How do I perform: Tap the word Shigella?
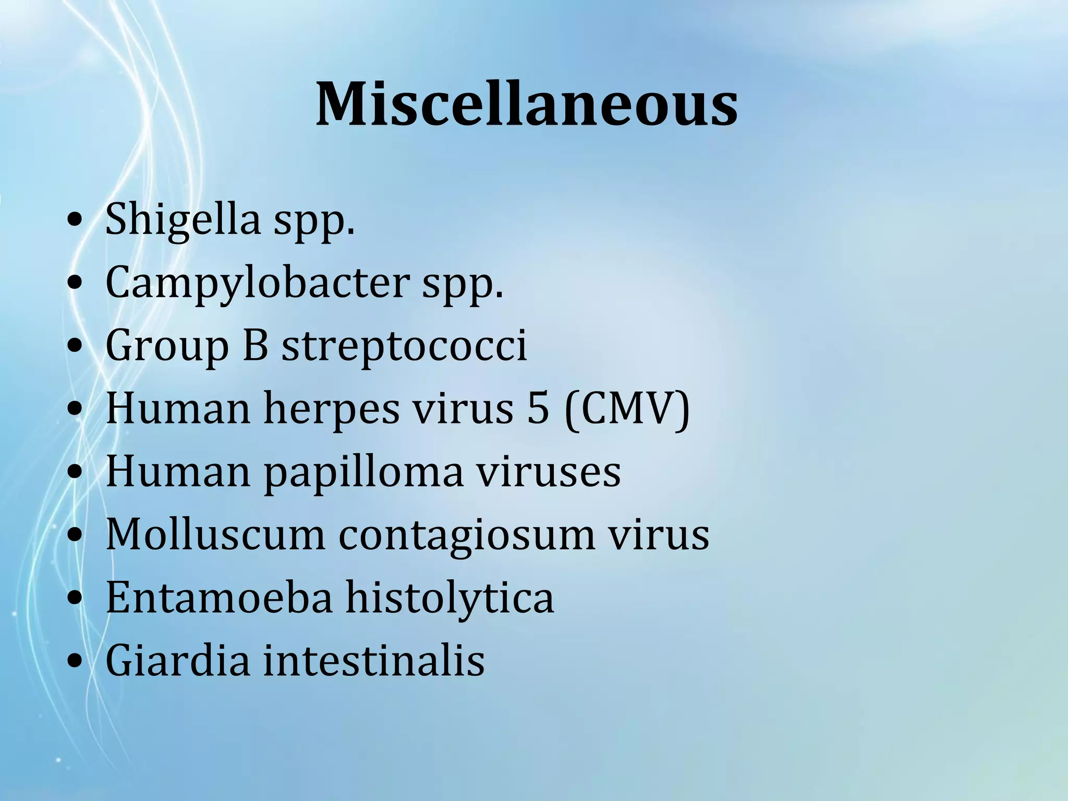tap(183, 219)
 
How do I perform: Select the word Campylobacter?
tap(258, 283)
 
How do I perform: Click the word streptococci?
tap(404, 346)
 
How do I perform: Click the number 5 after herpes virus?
tap(538, 408)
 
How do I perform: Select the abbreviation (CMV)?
tap(627, 409)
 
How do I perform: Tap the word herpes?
tap(332, 408)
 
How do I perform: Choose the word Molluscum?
tap(215, 535)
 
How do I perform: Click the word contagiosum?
tap(467, 536)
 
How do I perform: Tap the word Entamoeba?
tap(219, 598)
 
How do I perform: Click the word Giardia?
tap(178, 661)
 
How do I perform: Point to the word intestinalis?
tap(373, 661)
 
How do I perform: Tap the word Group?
tap(167, 347)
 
